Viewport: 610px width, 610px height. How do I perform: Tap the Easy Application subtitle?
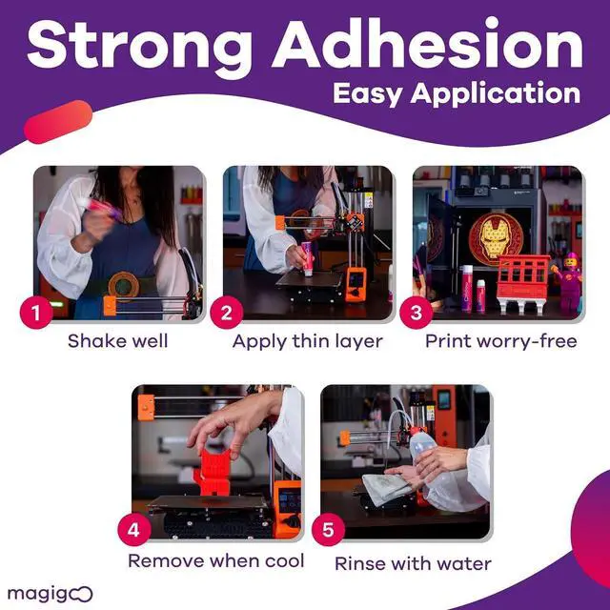coord(456,93)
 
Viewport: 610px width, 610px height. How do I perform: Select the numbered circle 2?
coord(227,312)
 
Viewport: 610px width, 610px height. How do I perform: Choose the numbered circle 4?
coord(134,529)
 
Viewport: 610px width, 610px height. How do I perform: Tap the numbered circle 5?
coord(327,530)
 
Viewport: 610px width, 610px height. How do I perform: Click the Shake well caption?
coord(119,341)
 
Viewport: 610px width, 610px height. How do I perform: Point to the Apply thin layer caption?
coord(307,341)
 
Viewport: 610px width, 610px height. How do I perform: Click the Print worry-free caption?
coord(500,341)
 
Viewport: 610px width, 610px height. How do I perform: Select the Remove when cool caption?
coord(215,560)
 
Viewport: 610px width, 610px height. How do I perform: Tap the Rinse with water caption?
coord(413,562)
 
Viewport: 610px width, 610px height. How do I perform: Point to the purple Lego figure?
coord(569,281)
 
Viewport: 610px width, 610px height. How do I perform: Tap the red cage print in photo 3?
coord(523,282)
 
